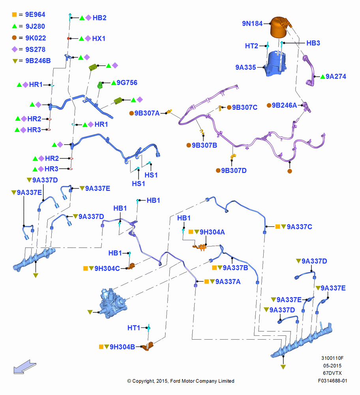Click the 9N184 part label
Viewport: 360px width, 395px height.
[252, 23]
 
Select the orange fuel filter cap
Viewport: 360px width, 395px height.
[279, 27]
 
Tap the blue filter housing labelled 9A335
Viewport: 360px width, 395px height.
[276, 64]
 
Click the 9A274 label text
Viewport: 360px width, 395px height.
[336, 76]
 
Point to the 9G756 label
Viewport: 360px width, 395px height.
[127, 83]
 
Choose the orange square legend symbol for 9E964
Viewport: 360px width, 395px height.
[14, 15]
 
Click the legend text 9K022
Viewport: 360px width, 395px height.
[36, 38]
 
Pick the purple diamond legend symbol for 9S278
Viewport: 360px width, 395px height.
[15, 49]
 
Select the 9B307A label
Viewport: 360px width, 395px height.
[147, 113]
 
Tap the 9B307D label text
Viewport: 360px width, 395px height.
[234, 171]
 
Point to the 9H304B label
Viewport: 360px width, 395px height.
[122, 347]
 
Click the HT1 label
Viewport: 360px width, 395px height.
[134, 328]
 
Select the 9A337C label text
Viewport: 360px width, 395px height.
[299, 227]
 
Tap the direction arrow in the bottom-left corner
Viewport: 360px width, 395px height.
[25, 367]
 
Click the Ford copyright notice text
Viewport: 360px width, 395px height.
[181, 381]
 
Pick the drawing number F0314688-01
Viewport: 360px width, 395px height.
[332, 381]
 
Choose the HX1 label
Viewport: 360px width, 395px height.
[99, 39]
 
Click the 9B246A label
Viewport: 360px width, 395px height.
[284, 105]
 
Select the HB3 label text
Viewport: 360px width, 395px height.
[313, 43]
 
